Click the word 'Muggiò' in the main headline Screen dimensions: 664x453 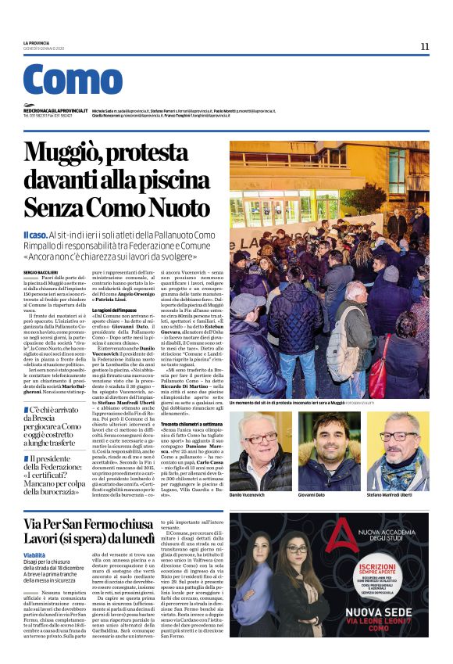click(x=77, y=153)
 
